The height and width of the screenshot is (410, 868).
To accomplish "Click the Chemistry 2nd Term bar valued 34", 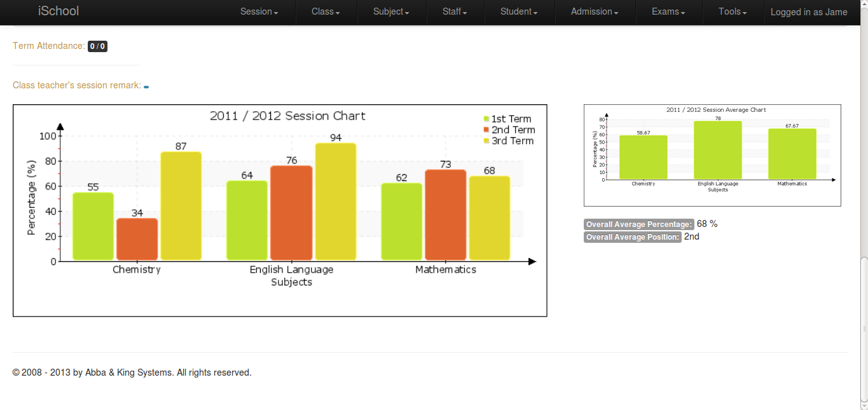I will pos(137,239).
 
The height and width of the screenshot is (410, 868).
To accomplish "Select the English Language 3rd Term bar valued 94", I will pos(336,202).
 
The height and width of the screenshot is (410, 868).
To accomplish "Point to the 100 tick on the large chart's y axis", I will pos(48,136).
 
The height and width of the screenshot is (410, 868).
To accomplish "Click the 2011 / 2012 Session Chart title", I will pos(287,116).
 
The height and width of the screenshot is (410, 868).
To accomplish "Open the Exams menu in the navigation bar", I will pos(668,12).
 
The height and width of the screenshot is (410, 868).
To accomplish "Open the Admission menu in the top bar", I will pos(595,12).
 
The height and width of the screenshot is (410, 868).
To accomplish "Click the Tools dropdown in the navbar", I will pos(733,12).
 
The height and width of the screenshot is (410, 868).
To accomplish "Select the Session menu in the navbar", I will pos(259,12).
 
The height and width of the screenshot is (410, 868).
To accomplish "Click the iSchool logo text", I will pos(59,11).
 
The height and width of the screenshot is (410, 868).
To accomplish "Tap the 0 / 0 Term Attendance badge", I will pos(97,46).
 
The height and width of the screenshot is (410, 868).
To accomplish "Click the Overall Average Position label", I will pos(633,237).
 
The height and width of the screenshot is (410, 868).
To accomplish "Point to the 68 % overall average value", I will pos(707,224).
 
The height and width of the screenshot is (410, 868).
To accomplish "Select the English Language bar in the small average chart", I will pos(718,150).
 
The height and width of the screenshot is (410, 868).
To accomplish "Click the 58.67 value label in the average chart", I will pos(643,132).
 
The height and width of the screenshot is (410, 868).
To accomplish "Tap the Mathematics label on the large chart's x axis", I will pos(446,270).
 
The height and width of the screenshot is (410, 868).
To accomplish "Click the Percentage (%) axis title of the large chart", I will pos(31,198).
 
